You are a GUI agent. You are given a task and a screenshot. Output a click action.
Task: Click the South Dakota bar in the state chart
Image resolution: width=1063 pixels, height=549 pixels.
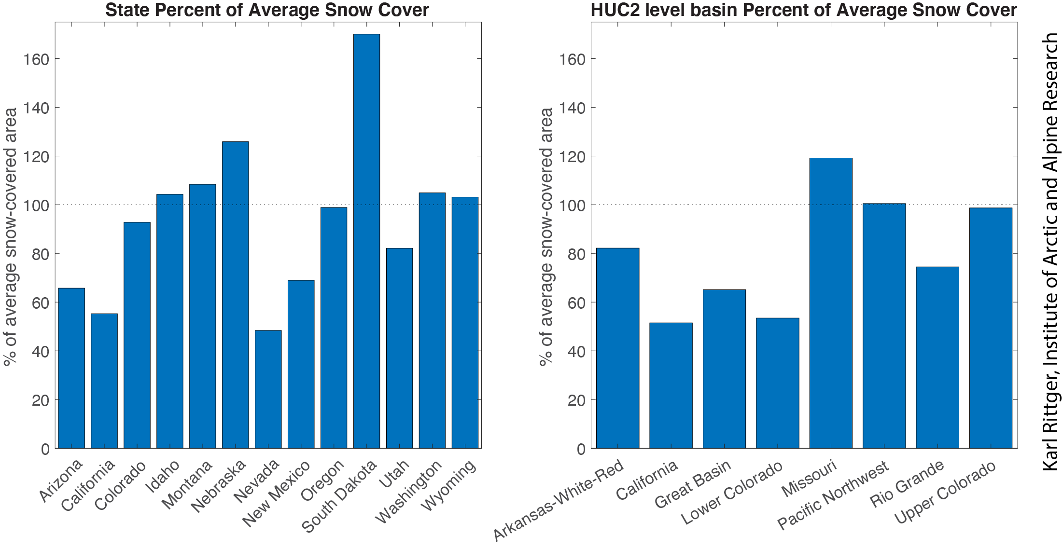366,241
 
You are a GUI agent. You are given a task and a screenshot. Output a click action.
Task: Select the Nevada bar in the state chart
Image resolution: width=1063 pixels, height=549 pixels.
268,389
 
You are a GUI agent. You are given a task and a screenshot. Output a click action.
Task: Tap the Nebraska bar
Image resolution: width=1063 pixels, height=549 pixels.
235,295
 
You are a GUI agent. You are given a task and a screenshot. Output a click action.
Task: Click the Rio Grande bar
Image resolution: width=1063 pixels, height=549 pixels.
937,357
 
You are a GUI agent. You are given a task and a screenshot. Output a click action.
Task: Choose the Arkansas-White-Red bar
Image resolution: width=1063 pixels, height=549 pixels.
617,348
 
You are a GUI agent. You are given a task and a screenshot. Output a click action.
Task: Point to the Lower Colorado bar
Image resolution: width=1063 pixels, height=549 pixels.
777,383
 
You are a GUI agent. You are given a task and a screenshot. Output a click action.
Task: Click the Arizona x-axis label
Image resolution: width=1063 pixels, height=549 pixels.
61,480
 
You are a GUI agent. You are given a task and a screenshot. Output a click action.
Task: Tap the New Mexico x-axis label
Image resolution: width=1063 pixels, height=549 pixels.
277,493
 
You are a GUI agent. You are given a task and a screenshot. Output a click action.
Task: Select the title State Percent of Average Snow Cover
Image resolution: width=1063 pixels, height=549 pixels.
267,10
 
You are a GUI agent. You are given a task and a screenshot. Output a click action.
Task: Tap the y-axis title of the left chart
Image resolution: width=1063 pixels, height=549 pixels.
10,236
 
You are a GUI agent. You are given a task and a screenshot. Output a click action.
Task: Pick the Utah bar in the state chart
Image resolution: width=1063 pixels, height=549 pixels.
399,348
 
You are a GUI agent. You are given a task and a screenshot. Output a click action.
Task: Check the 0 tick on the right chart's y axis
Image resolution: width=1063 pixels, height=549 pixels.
580,449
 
